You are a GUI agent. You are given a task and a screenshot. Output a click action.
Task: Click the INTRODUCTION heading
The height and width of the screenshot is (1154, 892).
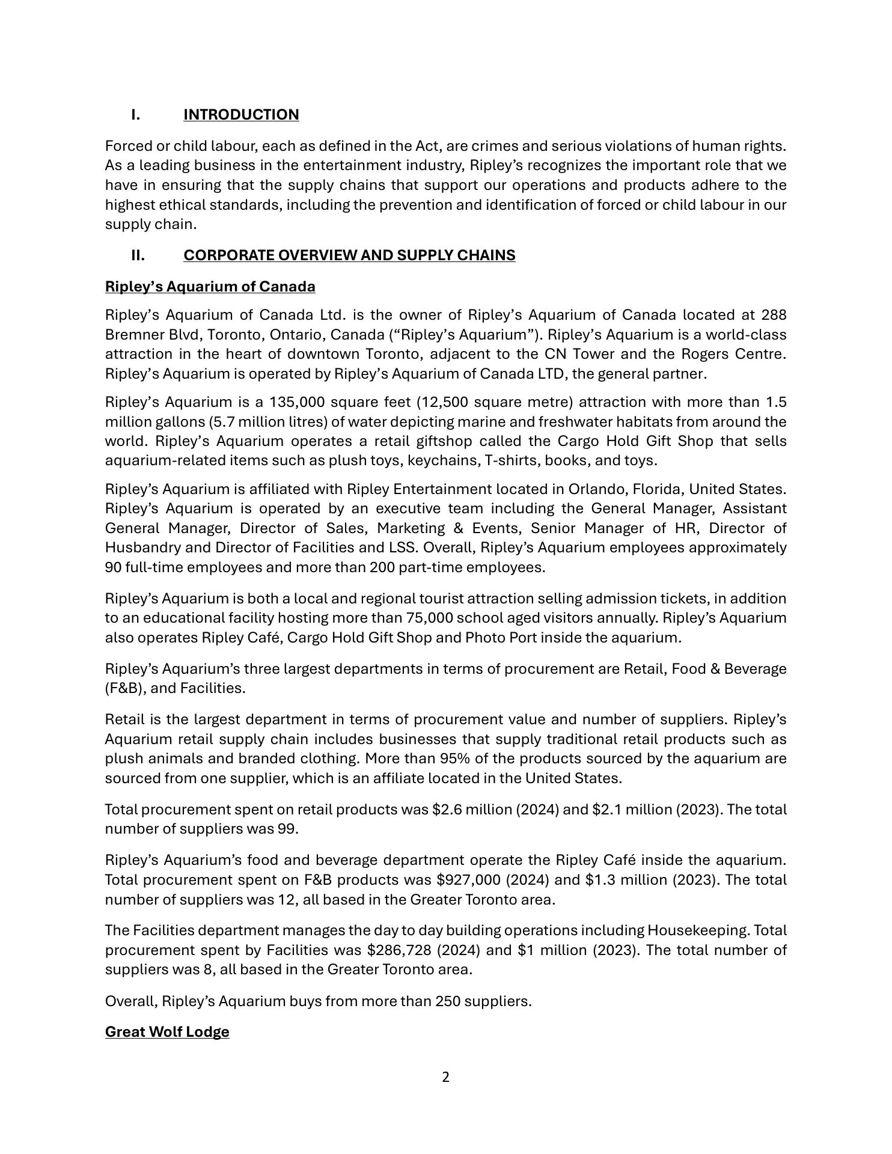(x=241, y=115)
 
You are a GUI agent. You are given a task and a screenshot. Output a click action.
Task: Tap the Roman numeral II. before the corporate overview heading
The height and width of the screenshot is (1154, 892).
(x=138, y=255)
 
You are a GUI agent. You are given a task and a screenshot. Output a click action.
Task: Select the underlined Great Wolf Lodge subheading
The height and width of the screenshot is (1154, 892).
(x=167, y=1032)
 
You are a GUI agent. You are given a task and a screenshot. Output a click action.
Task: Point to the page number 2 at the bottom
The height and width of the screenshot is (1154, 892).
(x=445, y=1077)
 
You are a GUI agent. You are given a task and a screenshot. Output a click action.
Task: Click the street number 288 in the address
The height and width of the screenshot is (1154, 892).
(x=774, y=315)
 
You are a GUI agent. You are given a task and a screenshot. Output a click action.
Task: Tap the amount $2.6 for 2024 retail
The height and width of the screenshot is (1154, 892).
(x=444, y=810)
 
